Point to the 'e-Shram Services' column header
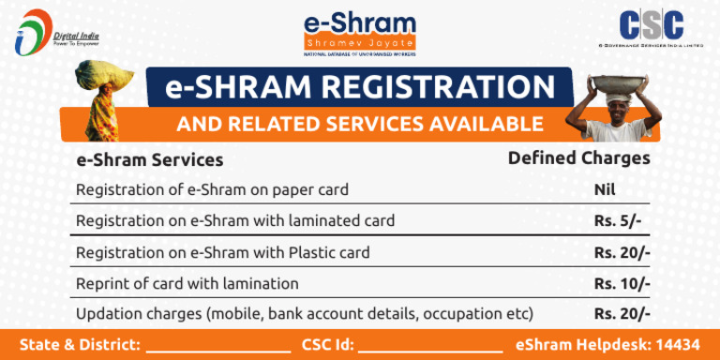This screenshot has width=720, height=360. click(149, 160)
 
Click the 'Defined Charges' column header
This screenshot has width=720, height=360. click(578, 158)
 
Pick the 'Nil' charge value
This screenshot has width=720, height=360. click(605, 189)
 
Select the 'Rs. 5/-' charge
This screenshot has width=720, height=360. click(617, 221)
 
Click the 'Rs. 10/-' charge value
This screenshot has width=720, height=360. click(622, 283)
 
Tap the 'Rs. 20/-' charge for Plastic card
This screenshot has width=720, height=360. click(622, 252)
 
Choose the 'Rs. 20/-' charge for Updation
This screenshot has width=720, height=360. click(622, 313)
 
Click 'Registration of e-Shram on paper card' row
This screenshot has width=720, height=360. click(212, 189)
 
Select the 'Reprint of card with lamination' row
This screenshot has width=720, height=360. click(187, 283)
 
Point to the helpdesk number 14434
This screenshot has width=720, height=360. click(679, 344)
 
